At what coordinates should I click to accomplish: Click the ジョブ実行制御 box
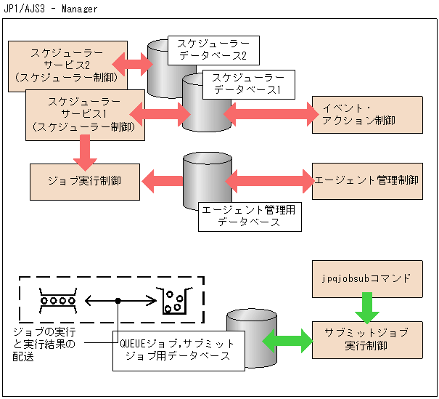[x=85, y=180]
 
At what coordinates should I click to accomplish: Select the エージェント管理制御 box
[x=366, y=180]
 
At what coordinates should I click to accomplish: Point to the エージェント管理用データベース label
[x=249, y=216]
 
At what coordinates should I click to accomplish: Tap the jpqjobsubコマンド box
[x=366, y=278]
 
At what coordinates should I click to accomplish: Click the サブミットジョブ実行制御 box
[x=366, y=338]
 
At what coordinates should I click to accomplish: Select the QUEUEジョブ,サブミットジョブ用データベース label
[x=177, y=350]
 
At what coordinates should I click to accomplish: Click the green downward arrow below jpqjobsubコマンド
[x=366, y=307]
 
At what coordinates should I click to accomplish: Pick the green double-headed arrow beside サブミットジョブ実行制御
[x=287, y=339]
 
